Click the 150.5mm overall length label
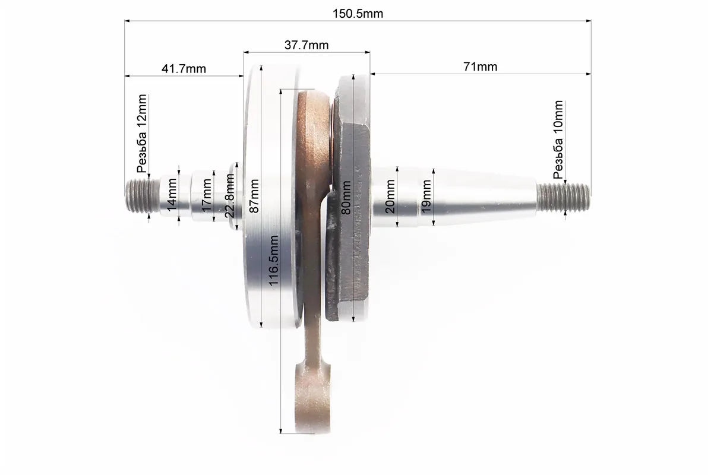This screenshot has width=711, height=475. pyautogui.click(x=358, y=14)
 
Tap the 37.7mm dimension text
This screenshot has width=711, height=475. pyautogui.click(x=306, y=45)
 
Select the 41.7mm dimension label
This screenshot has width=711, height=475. pyautogui.click(x=184, y=69)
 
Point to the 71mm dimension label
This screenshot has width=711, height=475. pyautogui.click(x=480, y=66)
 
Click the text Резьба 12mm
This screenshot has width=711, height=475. pyautogui.click(x=143, y=134)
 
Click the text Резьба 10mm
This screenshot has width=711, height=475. pyautogui.click(x=558, y=140)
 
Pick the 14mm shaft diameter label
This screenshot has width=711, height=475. pyautogui.click(x=172, y=194)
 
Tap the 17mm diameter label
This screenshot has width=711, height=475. pyautogui.click(x=207, y=194)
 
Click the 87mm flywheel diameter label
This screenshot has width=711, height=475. pyautogui.click(x=254, y=196)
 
